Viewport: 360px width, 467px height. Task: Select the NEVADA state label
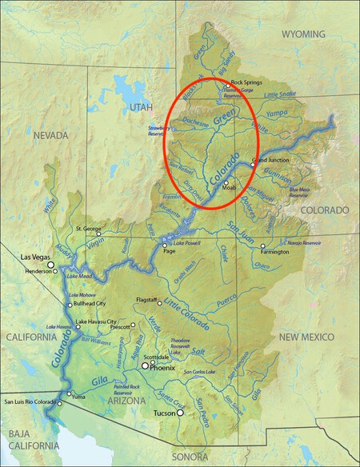[x=51, y=136]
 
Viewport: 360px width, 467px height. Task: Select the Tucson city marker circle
[x=182, y=413]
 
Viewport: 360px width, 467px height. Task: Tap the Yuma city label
[x=78, y=396]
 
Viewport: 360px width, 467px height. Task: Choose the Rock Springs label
[x=246, y=82]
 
